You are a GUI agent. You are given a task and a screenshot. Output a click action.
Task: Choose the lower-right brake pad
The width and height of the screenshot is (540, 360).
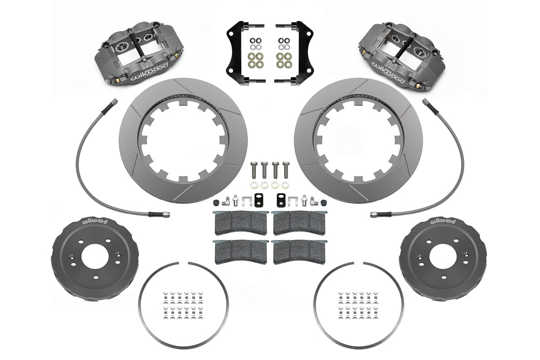click(299, 252)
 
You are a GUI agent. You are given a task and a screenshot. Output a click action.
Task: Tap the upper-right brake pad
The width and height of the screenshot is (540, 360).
click(299, 222)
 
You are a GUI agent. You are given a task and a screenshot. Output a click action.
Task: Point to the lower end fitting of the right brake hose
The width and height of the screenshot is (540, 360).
click(376, 214)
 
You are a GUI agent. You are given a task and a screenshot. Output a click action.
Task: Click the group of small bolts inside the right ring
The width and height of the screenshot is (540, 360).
click(355, 305)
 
